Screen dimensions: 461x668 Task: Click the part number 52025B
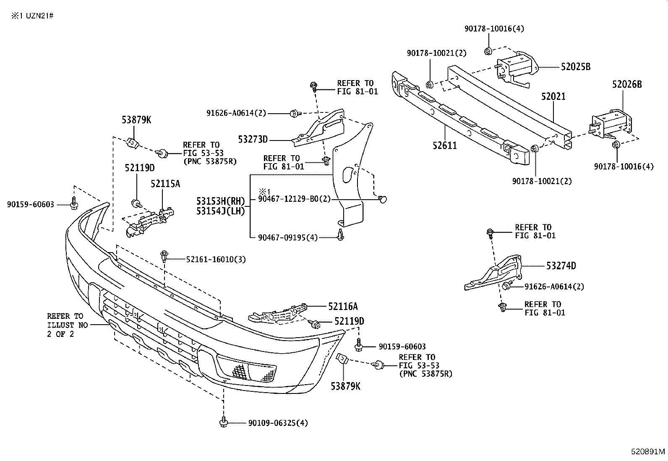click(x=575, y=67)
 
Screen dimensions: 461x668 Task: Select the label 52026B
click(x=626, y=84)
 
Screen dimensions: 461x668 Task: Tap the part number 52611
click(x=445, y=146)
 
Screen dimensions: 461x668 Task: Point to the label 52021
click(x=553, y=96)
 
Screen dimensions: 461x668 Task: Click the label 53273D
click(x=253, y=140)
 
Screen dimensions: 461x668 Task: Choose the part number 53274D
click(x=561, y=266)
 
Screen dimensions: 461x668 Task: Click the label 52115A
click(x=165, y=183)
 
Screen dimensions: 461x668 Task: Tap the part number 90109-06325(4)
click(x=278, y=423)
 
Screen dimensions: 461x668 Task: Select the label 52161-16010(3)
click(x=216, y=260)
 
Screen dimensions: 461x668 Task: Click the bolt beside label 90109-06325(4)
click(x=223, y=422)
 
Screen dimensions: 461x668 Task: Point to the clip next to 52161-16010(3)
click(x=164, y=255)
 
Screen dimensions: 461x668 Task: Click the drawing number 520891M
click(x=648, y=452)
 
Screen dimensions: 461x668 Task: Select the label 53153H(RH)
click(x=220, y=201)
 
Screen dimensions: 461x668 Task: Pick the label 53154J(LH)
click(x=220, y=211)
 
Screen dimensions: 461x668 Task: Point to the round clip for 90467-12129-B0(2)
click(x=382, y=199)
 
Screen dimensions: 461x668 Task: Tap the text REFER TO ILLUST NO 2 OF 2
click(x=65, y=325)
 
